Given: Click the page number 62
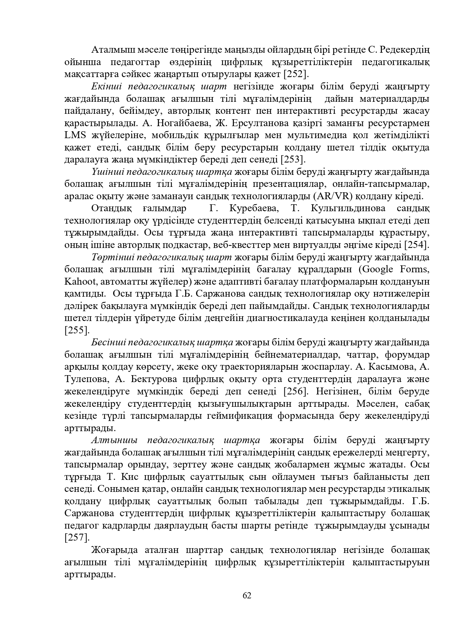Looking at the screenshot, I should [247, 595].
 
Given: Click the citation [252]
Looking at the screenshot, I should [296, 74].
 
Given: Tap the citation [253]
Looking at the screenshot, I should [292, 159].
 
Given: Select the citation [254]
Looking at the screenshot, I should [417, 244].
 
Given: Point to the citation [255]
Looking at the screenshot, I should [76, 330].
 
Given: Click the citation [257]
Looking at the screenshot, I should [76, 537].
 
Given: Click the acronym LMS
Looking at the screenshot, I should [75, 135].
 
